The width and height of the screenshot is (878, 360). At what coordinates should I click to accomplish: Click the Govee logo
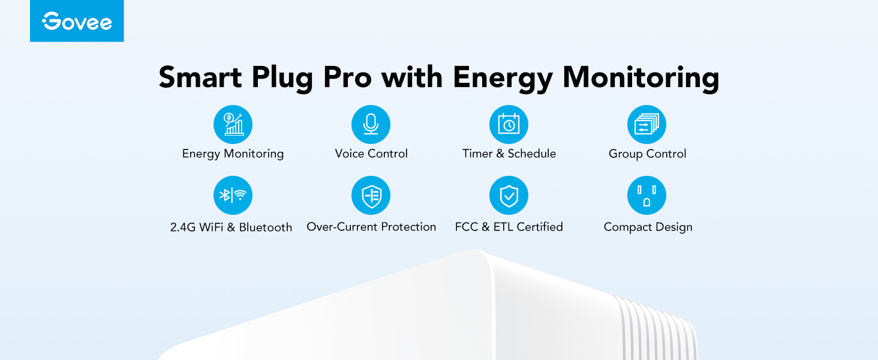coord(77,22)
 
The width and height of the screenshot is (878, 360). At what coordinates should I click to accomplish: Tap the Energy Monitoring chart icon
coord(233,124)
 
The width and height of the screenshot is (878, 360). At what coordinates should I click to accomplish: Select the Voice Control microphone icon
coord(371,124)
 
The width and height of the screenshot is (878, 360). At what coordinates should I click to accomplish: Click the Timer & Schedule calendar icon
coord(509,124)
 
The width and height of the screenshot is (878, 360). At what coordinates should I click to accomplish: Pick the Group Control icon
coord(647,124)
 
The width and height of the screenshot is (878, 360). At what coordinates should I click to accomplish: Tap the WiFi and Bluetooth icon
coord(233,195)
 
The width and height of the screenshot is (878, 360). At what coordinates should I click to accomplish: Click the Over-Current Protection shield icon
coord(371,195)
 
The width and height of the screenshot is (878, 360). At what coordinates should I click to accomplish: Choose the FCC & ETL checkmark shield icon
coord(509,195)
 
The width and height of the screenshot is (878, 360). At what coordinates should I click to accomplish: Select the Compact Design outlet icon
coord(647,195)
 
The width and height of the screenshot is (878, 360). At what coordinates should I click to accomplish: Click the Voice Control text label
coord(371,154)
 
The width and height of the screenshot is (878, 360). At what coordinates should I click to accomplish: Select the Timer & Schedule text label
coord(509,154)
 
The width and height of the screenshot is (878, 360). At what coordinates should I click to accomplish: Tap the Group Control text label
coord(647,154)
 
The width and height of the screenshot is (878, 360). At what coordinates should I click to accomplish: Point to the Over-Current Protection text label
coord(371,227)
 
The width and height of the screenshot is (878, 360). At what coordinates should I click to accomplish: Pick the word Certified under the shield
coord(540,227)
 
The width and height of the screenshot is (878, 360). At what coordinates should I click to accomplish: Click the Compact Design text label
coord(648,227)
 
